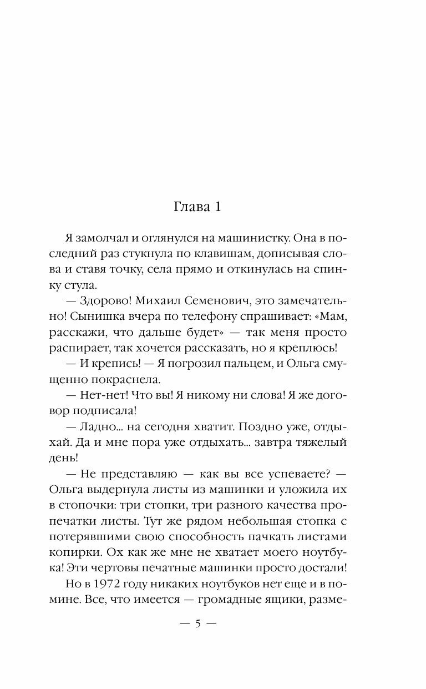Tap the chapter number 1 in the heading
(x=218, y=208)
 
